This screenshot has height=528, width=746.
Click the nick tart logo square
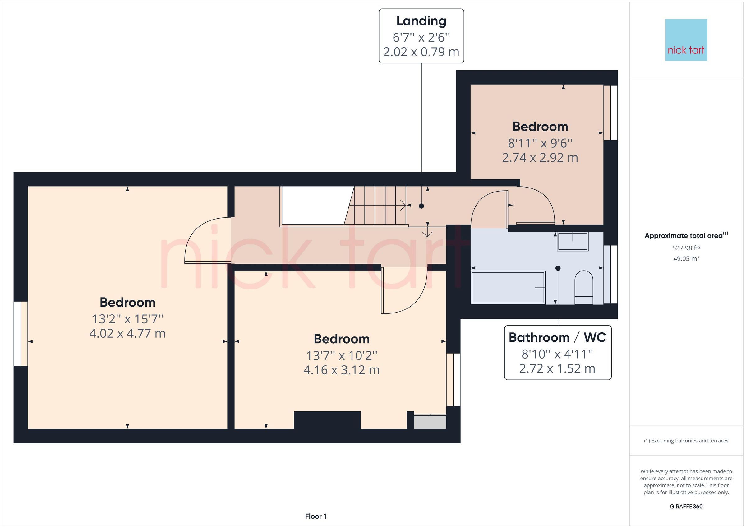[686, 40]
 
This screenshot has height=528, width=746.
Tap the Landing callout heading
[421, 21]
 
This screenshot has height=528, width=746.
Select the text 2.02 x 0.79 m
[421, 52]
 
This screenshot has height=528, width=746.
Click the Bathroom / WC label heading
[557, 337]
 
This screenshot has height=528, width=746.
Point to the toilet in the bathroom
[583, 287]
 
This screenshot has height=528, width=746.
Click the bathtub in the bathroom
[508, 288]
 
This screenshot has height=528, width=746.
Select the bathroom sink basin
[573, 241]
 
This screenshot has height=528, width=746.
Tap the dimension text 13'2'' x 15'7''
[127, 319]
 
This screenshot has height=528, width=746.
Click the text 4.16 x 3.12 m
[342, 370]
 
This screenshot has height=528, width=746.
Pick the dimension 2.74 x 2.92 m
[540, 158]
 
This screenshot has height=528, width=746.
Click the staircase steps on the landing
[377, 206]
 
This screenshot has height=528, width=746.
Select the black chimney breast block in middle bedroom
[327, 420]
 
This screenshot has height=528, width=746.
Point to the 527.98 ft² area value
[686, 248]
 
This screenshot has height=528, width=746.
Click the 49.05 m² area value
[686, 259]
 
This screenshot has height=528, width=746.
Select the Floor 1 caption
[315, 516]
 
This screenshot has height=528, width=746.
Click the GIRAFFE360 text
[686, 507]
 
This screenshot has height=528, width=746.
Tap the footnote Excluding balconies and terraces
[686, 441]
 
